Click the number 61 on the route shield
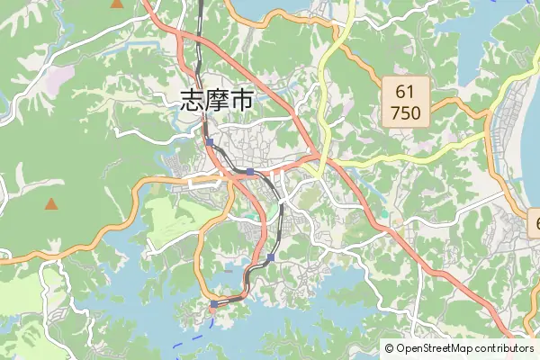click(405, 92)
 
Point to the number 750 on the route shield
click(405, 114)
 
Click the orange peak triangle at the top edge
click(117, 4)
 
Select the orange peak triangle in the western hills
click(51, 203)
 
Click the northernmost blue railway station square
click(209, 142)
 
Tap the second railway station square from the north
click(249, 171)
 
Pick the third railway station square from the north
click(270, 257)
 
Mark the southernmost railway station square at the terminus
click(213, 304)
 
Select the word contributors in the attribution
click(505, 348)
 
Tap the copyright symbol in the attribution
click(389, 348)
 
